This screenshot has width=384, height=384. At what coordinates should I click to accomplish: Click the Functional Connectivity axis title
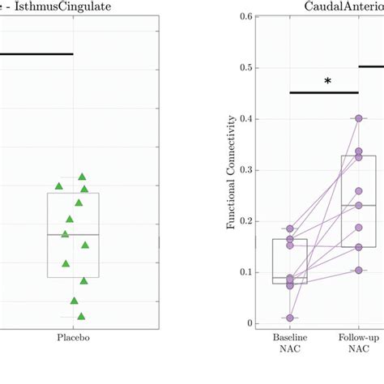pyautogui.click(x=233, y=171)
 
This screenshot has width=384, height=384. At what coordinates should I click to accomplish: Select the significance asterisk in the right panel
pyautogui.click(x=327, y=82)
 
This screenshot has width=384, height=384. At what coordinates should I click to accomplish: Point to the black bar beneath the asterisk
pyautogui.click(x=324, y=92)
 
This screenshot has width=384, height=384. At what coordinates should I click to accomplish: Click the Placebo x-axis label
pyautogui.click(x=73, y=339)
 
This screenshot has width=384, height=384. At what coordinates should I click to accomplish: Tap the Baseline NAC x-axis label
pyautogui.click(x=290, y=343)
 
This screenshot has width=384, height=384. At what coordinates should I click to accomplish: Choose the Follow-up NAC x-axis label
pyautogui.click(x=357, y=343)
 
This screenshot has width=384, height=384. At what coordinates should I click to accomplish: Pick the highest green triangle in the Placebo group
pyautogui.click(x=82, y=177)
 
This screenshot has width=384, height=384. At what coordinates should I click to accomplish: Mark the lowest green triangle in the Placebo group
pyautogui.click(x=81, y=316)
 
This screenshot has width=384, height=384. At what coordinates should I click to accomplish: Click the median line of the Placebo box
pyautogui.click(x=73, y=234)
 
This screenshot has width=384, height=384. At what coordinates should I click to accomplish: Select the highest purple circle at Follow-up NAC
pyautogui.click(x=357, y=119)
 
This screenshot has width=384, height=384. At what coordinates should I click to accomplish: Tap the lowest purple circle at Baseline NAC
pyautogui.click(x=290, y=318)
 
